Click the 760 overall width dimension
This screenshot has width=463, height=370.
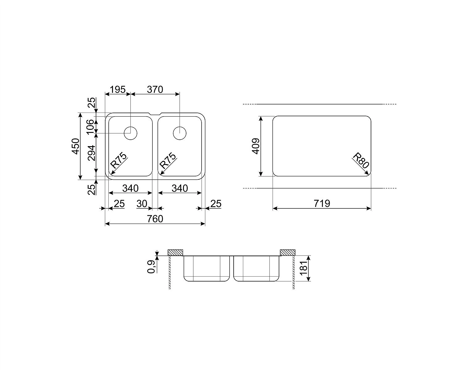point(155,219)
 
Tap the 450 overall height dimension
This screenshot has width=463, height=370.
point(76,146)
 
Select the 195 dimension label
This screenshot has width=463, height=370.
point(118,89)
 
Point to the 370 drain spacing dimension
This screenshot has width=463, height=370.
point(155,89)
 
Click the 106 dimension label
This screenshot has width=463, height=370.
point(90,127)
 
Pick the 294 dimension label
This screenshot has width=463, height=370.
point(91,153)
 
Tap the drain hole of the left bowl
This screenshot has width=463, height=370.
point(131,133)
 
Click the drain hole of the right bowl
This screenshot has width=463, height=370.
point(180,133)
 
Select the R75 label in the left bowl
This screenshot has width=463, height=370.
point(118,160)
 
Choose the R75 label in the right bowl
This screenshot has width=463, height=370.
point(168,161)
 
